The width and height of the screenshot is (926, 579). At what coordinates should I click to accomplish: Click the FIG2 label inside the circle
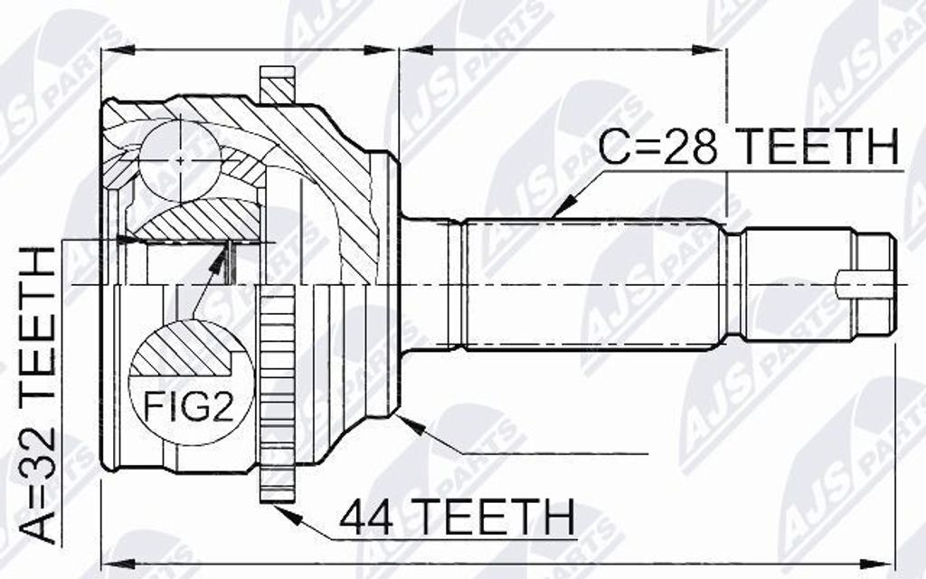[190, 408]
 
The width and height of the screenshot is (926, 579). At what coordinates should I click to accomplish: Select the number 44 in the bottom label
[370, 517]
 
